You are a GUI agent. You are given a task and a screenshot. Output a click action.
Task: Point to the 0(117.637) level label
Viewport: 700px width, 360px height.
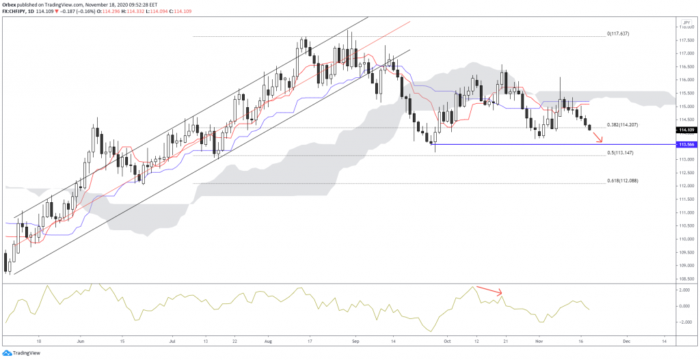623,33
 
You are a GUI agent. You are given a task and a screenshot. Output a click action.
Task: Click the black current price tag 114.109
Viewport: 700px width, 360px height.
686,130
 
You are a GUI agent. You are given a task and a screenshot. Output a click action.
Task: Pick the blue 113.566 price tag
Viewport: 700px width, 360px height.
686,145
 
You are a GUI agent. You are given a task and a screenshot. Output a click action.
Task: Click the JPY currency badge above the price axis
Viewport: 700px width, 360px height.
685,21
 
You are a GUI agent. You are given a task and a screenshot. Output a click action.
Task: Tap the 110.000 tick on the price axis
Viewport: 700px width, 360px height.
686,239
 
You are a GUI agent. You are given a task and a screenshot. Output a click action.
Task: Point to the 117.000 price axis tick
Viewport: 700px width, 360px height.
686,53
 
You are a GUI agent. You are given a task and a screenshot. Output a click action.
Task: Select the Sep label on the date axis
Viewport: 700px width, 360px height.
355,339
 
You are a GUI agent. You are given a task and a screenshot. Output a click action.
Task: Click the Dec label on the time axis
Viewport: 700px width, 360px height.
626,339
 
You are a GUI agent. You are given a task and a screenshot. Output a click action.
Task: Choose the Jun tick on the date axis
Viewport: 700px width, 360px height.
80,339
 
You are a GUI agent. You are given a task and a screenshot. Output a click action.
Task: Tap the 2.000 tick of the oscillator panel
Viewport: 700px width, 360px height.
684,290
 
